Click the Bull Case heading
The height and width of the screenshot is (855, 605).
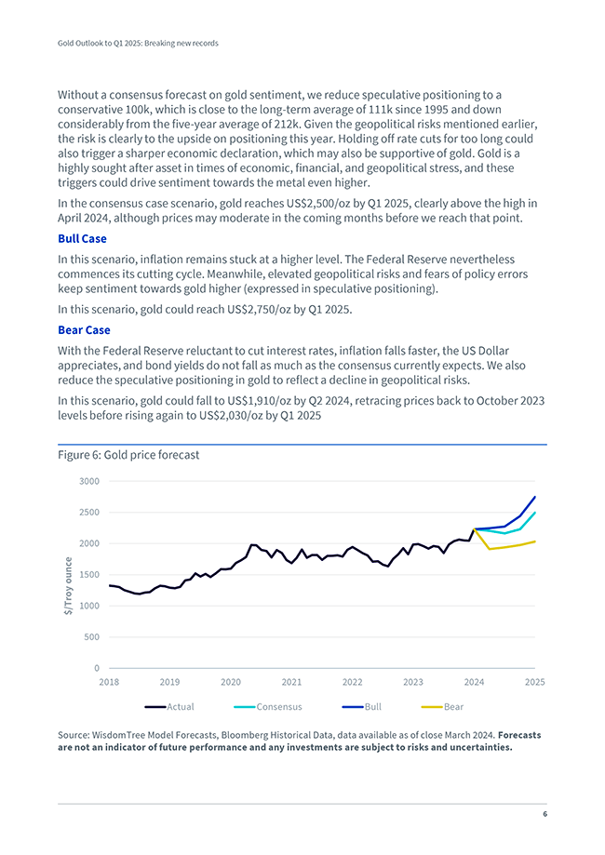82,239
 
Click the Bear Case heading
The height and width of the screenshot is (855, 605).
84,329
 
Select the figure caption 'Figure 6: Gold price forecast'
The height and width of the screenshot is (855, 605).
128,455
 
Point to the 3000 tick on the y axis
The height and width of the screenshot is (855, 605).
88,481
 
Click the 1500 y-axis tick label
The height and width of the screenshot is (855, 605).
88,574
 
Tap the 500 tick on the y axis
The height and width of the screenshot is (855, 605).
91,637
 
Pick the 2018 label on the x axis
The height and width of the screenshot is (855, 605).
109,682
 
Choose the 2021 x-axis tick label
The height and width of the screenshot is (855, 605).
291,682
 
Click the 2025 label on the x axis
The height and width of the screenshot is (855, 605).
534,682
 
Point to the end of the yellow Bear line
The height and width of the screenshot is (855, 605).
535,541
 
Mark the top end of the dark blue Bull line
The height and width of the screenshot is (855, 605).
535,497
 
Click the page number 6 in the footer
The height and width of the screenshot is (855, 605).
544,814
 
